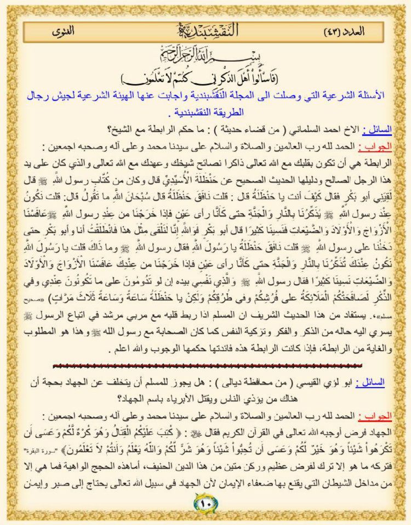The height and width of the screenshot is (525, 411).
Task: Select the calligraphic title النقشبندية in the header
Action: (x=206, y=31)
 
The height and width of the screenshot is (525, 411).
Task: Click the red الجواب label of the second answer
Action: (x=378, y=416)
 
